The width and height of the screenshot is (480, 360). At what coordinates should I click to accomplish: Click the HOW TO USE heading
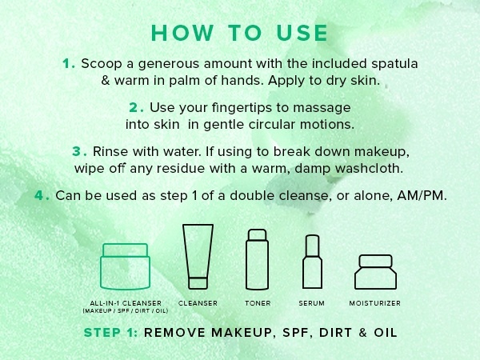tap(239, 33)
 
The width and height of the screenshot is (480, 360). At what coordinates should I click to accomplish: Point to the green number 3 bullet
tap(78, 151)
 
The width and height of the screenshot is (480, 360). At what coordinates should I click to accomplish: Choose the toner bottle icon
tap(256, 258)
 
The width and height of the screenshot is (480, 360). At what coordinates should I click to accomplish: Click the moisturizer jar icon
tap(374, 271)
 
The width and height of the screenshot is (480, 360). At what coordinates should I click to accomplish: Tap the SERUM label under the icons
tap(313, 304)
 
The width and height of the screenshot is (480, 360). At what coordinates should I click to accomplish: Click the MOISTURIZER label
tap(374, 304)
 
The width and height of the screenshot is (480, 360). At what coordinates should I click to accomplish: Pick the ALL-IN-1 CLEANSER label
tap(125, 303)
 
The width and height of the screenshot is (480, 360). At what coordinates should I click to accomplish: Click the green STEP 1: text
tap(110, 332)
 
